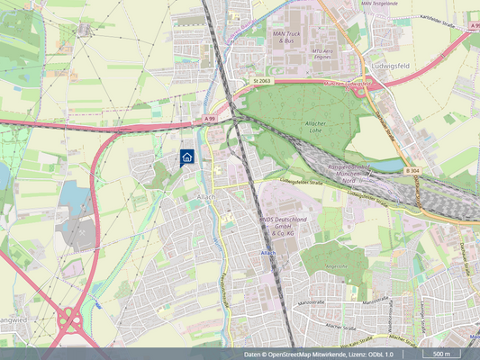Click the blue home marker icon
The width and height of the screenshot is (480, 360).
point(186,157)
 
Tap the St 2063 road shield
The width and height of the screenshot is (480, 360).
point(262,81)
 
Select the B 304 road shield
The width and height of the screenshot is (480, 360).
point(412,170)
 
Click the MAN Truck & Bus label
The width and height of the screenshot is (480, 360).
point(287,37)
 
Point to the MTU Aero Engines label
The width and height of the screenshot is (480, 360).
point(324,53)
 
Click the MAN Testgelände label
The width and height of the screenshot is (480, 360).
point(354,4)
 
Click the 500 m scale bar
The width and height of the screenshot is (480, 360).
point(441,355)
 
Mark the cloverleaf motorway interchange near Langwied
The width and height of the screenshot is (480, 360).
point(69,319)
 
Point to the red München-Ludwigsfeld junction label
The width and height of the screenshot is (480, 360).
point(358,84)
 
